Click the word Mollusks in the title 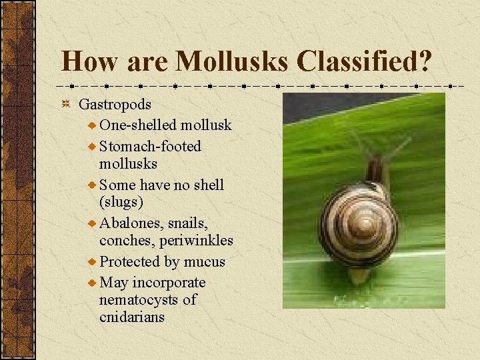[231, 61]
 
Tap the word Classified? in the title [364, 61]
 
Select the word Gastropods [115, 105]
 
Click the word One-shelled [138, 125]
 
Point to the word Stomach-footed [150, 146]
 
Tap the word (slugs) [121, 201]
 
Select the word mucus [205, 262]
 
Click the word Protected [130, 262]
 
